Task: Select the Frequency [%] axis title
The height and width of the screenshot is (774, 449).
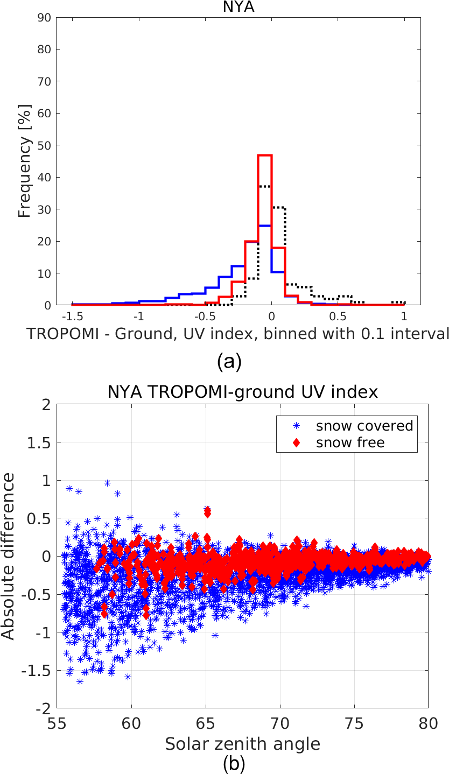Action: coord(25,161)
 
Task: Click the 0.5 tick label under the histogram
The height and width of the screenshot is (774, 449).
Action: coord(338,315)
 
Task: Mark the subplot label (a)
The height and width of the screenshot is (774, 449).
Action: coord(230,362)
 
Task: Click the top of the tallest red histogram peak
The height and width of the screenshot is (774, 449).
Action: coord(264,155)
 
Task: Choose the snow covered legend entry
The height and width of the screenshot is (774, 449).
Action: coord(364,425)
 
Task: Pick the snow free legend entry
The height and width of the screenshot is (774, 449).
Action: coord(350,442)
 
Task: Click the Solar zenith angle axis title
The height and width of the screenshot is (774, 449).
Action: coord(242,744)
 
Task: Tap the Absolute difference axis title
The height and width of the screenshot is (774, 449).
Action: coord(9,557)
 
